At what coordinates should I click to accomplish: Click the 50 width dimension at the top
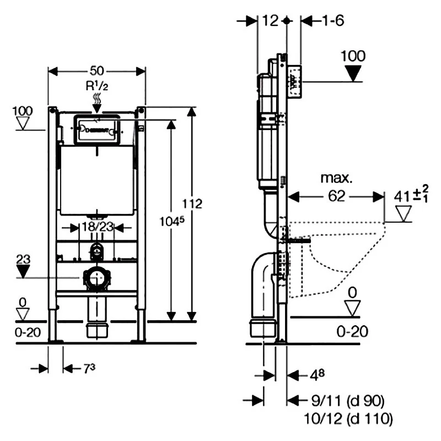[97, 71]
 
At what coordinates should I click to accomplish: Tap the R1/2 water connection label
[97, 86]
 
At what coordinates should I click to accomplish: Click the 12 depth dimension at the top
[270, 20]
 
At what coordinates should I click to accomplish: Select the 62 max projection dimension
[336, 195]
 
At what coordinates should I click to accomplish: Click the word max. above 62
[336, 178]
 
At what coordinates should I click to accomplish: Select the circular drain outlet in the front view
[97, 278]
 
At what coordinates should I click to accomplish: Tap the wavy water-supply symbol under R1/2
[97, 100]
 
